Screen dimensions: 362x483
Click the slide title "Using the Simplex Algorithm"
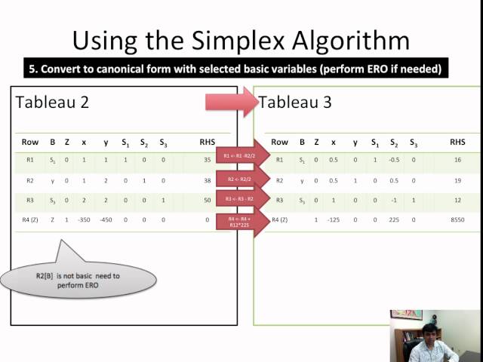241,39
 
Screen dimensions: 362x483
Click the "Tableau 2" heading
52,102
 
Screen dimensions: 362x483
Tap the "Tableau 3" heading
295,102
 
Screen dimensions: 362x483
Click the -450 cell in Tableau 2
105,219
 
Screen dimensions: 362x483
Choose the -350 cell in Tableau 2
84,219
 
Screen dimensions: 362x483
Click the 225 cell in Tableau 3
394,219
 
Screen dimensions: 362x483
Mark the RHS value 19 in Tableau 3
457,180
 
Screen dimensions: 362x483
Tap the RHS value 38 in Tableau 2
208,180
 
